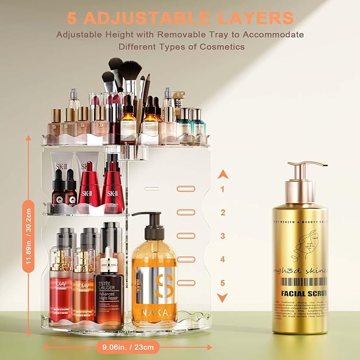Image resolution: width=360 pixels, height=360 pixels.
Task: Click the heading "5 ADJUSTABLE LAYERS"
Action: tap(180, 17)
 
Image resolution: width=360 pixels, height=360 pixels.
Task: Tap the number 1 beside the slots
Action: tap(223, 189)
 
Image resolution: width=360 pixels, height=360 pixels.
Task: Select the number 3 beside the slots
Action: tap(223, 236)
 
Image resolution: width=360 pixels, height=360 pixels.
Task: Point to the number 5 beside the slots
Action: tap(223, 283)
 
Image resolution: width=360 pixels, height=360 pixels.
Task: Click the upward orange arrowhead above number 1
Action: tap(223, 173)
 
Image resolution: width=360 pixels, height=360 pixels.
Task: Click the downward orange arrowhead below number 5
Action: tap(223, 297)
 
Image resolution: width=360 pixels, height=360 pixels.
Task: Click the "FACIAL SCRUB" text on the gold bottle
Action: tap(304, 293)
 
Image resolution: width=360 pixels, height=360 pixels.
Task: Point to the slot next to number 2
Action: tap(186, 212)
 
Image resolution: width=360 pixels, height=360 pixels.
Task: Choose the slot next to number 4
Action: tap(186, 259)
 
